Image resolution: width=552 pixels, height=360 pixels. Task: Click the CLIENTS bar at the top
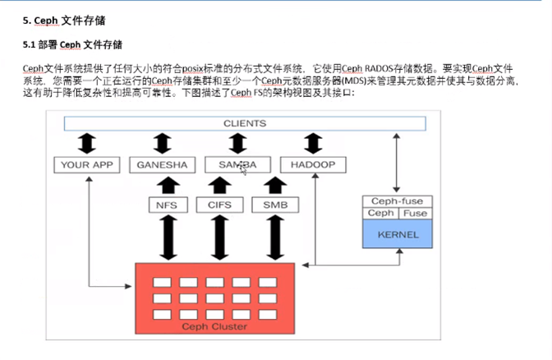pyautogui.click(x=245, y=123)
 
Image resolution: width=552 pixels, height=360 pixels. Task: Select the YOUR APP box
pyautogui.click(x=86, y=165)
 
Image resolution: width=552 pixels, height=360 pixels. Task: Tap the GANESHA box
pyautogui.click(x=162, y=165)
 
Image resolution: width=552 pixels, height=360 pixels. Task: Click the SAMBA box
pyautogui.click(x=237, y=165)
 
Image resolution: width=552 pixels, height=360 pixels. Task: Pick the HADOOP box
pyautogui.click(x=313, y=165)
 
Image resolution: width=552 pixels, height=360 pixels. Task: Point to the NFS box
pyautogui.click(x=168, y=204)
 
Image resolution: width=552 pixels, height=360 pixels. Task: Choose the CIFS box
pyautogui.click(x=219, y=204)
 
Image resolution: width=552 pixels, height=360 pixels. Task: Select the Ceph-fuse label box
pyautogui.click(x=397, y=201)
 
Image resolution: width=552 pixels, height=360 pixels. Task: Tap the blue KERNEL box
pyautogui.click(x=397, y=233)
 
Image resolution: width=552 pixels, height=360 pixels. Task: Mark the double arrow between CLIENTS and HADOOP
pyautogui.click(x=313, y=144)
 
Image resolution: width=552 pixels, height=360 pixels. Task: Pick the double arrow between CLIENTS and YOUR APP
pyautogui.click(x=86, y=144)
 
